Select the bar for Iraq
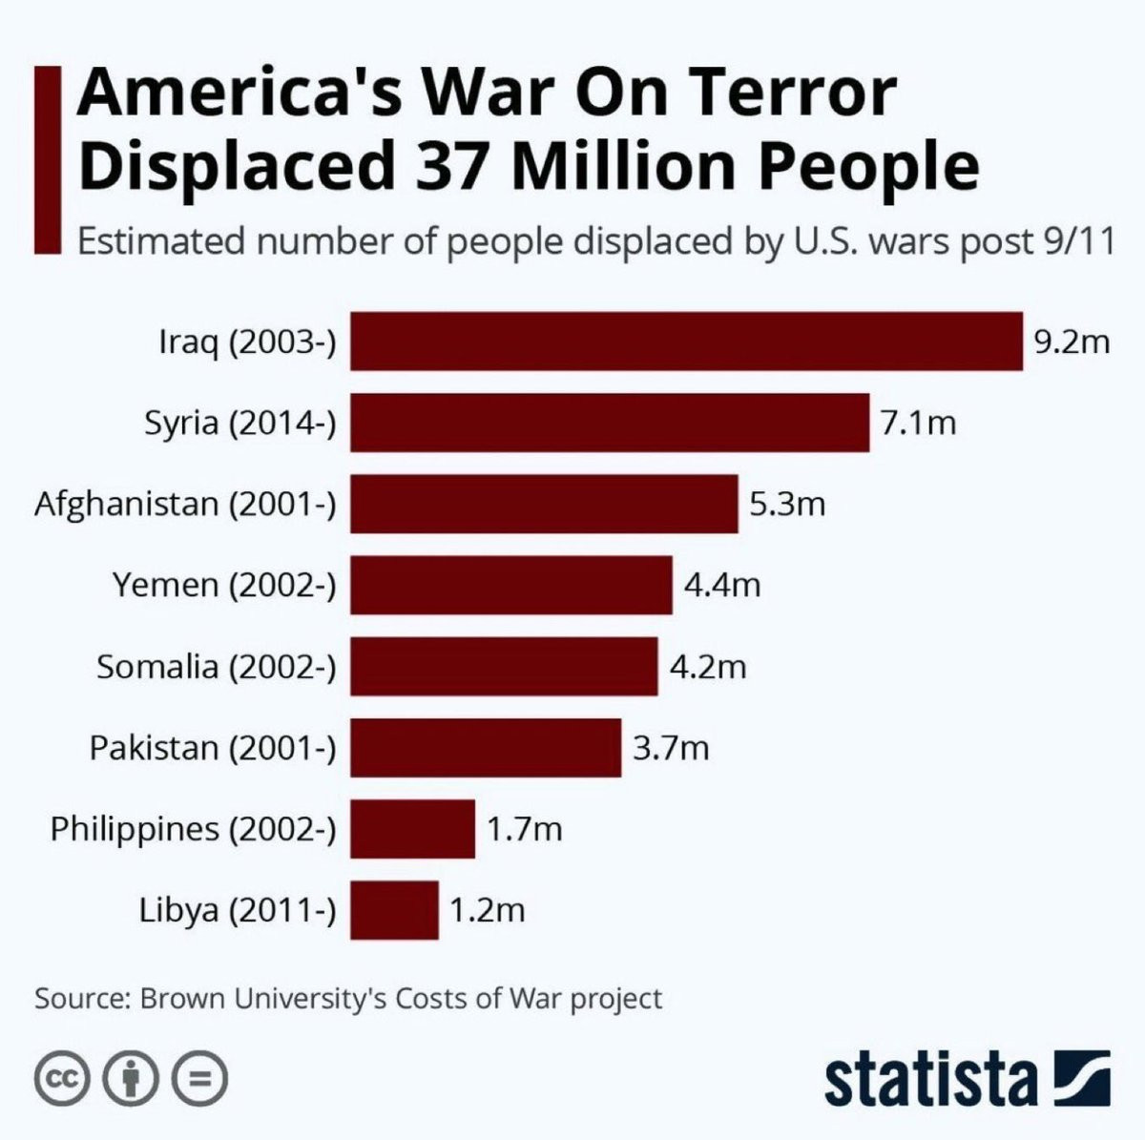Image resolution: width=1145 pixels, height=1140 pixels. (x=686, y=341)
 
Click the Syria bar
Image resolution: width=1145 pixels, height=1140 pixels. (x=610, y=422)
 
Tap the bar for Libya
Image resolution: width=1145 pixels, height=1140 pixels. (x=394, y=910)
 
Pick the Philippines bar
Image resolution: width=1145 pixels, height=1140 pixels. (x=412, y=829)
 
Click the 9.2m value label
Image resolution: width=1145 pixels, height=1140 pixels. (x=1072, y=341)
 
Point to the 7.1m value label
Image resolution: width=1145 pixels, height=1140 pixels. (x=918, y=422)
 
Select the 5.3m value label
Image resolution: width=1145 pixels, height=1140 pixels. (x=787, y=503)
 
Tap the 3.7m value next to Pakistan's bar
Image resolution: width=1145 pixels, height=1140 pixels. (x=671, y=747)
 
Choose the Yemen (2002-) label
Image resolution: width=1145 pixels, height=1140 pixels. (x=224, y=584)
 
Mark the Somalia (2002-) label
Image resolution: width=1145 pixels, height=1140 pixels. (x=217, y=666)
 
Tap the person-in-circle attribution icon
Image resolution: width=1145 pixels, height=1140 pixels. (x=132, y=1079)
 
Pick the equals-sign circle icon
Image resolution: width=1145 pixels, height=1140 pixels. (x=200, y=1079)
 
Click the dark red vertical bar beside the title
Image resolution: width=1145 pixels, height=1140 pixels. (x=48, y=159)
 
